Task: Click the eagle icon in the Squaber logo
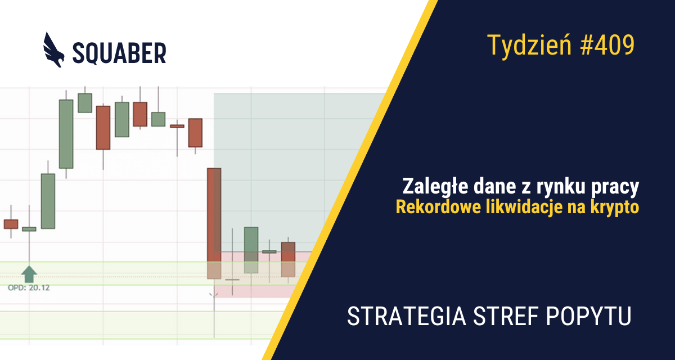click(54, 50)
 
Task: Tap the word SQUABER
click(119, 53)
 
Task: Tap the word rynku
click(564, 187)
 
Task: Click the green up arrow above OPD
click(29, 274)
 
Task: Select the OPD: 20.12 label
click(29, 287)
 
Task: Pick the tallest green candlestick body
click(66, 134)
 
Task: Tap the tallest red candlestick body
click(214, 223)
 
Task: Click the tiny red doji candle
click(177, 126)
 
